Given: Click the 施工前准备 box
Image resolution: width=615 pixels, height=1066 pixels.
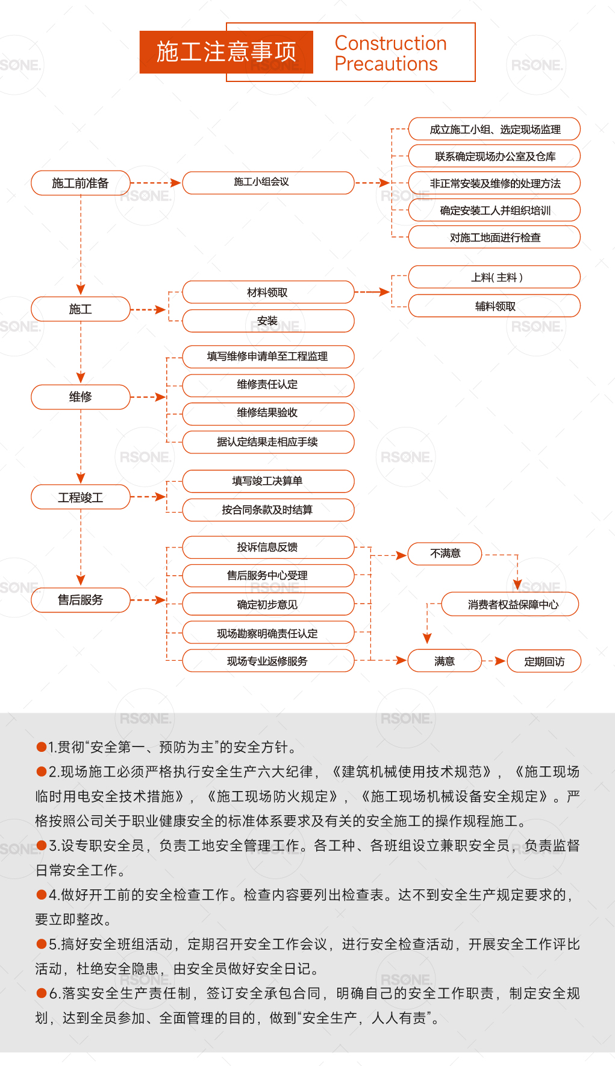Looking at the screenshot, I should [x=80, y=183].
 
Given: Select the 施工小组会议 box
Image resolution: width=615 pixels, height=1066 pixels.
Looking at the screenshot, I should [x=267, y=183].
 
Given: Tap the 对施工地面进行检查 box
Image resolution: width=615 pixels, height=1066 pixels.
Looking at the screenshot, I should [x=494, y=237].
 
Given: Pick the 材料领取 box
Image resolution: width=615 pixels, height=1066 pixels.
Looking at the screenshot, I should [x=267, y=292].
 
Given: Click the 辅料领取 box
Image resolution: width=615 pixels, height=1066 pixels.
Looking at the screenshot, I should [x=494, y=306].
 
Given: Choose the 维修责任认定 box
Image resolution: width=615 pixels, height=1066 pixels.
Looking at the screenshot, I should [x=267, y=385].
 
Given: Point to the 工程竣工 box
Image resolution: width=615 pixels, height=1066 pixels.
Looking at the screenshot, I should [x=80, y=497].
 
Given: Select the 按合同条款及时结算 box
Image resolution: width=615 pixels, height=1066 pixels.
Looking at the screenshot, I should [x=267, y=509].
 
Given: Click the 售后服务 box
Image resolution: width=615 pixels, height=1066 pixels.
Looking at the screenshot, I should [x=80, y=600].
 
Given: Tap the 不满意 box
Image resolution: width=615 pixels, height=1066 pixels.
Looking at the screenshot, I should [x=445, y=553].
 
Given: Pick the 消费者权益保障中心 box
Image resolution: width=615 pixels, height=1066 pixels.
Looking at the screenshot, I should [x=510, y=604].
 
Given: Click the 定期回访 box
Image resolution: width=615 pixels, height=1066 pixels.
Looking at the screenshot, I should [x=544, y=661].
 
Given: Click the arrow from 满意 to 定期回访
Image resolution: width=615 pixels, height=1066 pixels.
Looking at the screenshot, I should [x=495, y=661].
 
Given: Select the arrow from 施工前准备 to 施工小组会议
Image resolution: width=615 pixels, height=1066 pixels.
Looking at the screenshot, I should [x=155, y=183].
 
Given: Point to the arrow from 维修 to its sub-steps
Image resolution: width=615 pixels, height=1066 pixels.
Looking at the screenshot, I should [x=148, y=397].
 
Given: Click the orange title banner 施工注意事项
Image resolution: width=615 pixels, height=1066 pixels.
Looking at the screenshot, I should [x=226, y=52].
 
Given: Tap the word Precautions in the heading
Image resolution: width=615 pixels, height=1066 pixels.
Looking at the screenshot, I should [x=386, y=64].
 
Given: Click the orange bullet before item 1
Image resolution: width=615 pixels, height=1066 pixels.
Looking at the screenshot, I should [x=42, y=747].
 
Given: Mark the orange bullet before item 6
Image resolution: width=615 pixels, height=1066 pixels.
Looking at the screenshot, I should [x=42, y=993].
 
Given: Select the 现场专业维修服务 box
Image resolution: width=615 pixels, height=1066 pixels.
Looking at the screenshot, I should [x=267, y=661].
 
